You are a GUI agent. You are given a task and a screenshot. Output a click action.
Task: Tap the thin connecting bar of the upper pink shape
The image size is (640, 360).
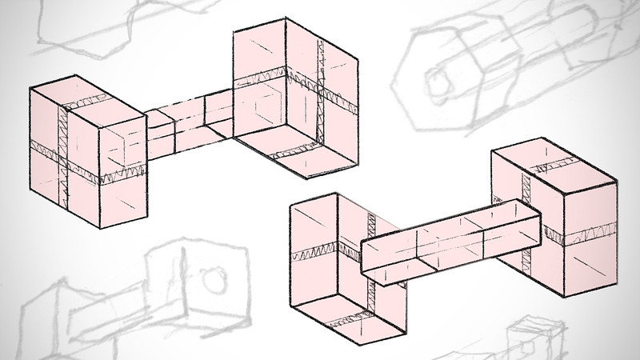188,124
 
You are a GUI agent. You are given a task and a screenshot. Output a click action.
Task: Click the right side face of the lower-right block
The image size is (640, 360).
592,232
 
